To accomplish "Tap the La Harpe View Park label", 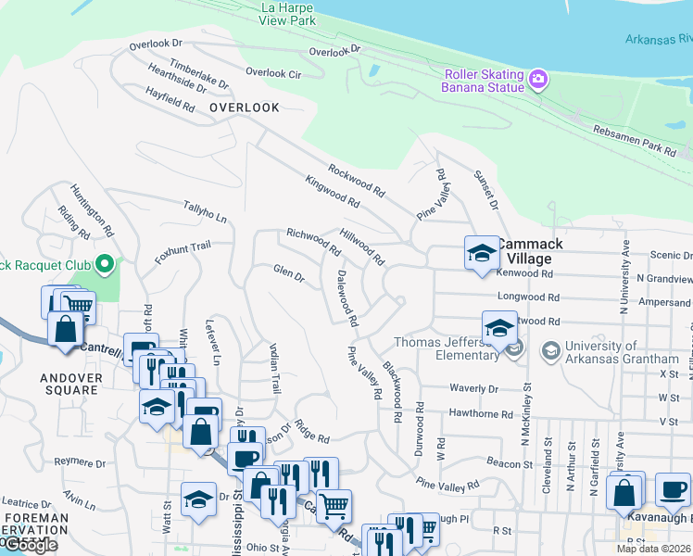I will (x=288, y=14).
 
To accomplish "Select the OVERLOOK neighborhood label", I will (x=245, y=107).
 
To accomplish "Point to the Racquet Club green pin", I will (x=105, y=265).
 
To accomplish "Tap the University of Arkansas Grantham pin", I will (x=550, y=350).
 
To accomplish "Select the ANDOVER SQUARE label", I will (x=69, y=384).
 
